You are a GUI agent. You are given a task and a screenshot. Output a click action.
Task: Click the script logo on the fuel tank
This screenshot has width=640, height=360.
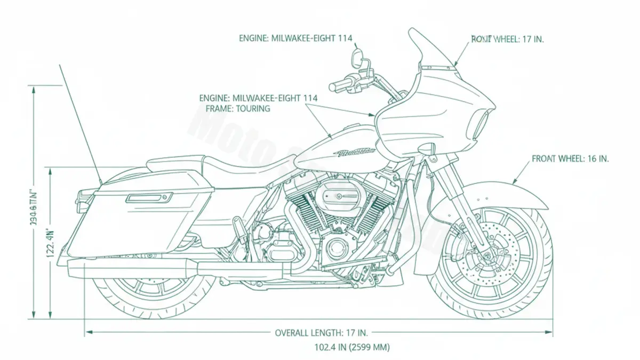pyautogui.click(x=355, y=153)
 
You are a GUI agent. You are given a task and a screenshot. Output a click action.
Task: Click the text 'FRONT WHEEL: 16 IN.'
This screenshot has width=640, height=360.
pyautogui.click(x=570, y=159)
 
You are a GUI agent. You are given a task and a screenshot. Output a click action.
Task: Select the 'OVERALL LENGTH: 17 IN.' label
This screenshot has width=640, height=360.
pyautogui.click(x=321, y=333)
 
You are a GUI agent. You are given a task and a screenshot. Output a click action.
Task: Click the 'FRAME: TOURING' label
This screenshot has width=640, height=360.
pyautogui.click(x=238, y=108)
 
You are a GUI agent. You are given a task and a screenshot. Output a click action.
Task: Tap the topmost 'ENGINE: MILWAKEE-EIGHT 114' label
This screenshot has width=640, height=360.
pyautogui.click(x=295, y=38)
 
